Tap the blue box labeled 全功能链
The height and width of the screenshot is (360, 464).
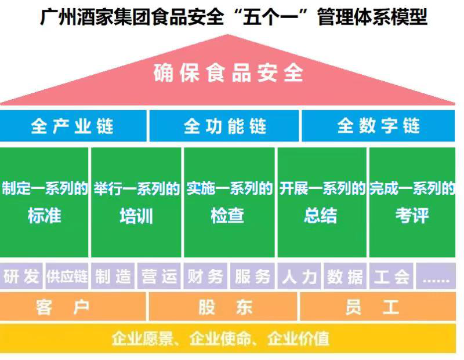click(224, 126)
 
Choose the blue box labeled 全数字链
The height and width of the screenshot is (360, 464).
click(378, 126)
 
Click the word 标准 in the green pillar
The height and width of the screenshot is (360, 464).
click(44, 216)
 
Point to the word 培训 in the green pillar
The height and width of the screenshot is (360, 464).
click(136, 216)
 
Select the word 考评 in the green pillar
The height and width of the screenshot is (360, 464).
click(412, 216)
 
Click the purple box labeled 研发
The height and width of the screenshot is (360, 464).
click(21, 277)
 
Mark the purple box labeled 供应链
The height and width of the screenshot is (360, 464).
click(67, 277)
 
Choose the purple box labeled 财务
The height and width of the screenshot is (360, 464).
click(205, 277)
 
